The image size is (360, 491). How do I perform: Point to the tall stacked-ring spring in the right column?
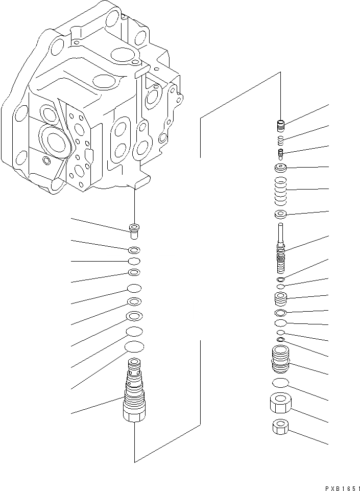tap(280, 190)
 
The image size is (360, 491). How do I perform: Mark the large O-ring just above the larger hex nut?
tap(280, 383)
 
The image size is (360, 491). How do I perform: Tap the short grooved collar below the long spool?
tap(280, 298)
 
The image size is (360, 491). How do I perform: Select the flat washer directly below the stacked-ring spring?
tap(280, 214)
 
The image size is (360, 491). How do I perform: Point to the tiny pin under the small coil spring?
tap(280, 153)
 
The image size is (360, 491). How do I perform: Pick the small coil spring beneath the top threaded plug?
tap(280, 139)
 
